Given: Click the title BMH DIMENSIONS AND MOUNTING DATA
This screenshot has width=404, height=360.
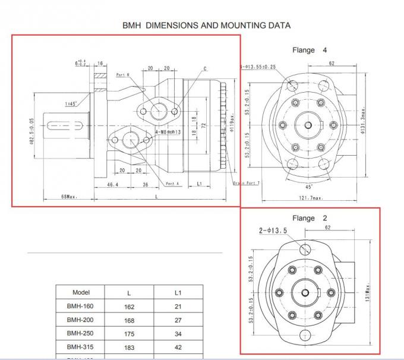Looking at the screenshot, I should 206,26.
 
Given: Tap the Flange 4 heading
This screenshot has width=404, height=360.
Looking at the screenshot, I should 310,50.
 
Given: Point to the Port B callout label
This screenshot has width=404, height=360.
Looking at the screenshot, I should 124,75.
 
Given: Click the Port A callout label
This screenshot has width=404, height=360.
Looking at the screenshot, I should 172,184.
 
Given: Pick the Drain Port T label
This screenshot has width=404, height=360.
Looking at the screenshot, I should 245,183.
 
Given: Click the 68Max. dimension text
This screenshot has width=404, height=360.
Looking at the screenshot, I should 70,196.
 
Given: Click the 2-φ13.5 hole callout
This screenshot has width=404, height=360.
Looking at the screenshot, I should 273,230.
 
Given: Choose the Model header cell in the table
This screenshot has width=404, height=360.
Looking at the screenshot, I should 81,292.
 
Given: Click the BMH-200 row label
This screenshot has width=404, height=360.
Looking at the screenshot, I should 81,320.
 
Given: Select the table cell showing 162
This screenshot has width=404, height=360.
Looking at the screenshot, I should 130,307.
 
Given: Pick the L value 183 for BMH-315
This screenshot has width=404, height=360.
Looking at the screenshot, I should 130,348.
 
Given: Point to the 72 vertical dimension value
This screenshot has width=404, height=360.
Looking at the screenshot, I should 203,127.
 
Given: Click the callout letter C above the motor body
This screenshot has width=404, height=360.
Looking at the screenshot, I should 205,69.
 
